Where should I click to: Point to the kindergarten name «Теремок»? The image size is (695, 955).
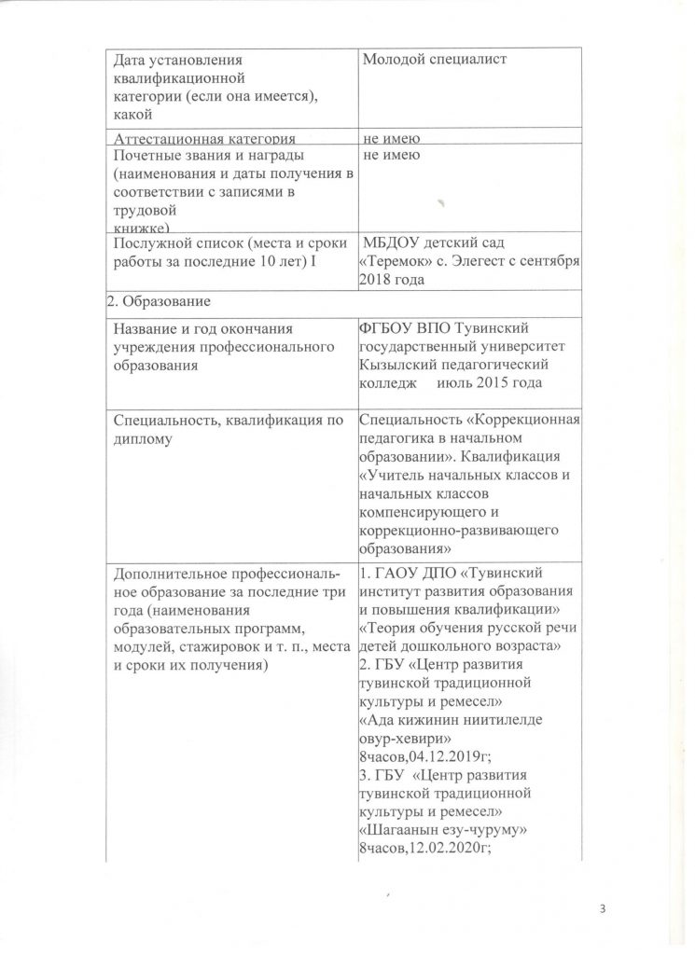point(396,263)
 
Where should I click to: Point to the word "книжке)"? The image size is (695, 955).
point(140,227)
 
